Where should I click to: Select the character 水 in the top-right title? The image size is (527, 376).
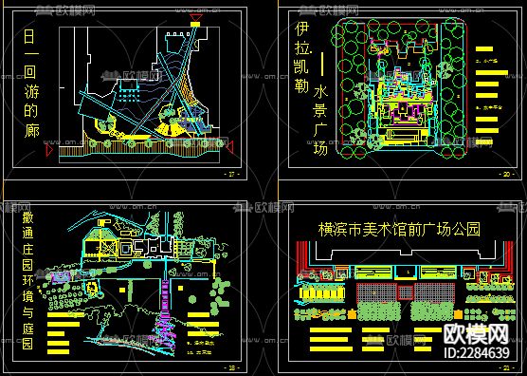click(x=322, y=92)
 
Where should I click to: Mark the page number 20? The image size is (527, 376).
click(x=505, y=176)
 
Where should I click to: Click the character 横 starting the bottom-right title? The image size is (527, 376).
click(x=326, y=229)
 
